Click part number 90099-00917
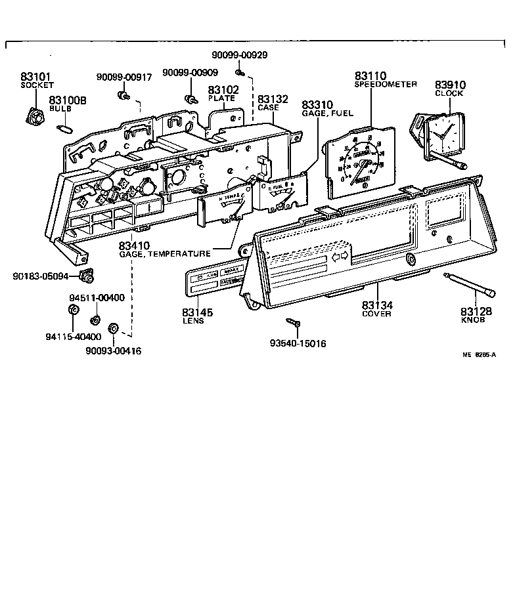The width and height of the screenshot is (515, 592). tap(124, 77)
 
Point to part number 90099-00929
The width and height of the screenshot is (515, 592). tap(240, 56)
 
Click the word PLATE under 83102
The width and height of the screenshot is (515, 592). tap(221, 98)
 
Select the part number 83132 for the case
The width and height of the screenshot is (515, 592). tap(273, 99)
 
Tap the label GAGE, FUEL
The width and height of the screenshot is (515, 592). tap(326, 114)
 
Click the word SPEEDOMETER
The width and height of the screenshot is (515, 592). tap(386, 85)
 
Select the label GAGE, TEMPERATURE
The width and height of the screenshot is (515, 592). tap(165, 253)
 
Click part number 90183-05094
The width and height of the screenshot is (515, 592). tap(40, 276)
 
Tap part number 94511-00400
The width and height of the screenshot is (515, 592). tap(97, 298)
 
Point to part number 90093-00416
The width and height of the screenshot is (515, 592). tap(113, 351)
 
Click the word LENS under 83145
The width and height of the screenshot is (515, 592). tap(197, 322)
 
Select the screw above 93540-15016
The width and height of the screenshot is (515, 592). tap(293, 322)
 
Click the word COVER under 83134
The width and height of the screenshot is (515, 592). tap(376, 314)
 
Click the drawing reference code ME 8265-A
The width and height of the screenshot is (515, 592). tap(478, 354)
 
